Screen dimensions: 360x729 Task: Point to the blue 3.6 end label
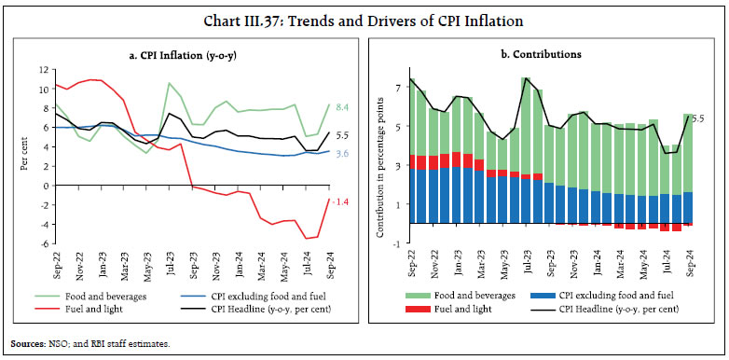click(x=342, y=154)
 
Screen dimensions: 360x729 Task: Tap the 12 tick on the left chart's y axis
click(x=42, y=69)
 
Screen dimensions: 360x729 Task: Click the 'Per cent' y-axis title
click(x=23, y=156)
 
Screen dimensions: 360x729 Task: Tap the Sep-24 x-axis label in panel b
click(x=690, y=264)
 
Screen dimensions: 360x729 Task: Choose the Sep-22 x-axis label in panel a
click(x=56, y=264)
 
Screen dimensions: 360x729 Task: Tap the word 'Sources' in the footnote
click(x=28, y=344)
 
